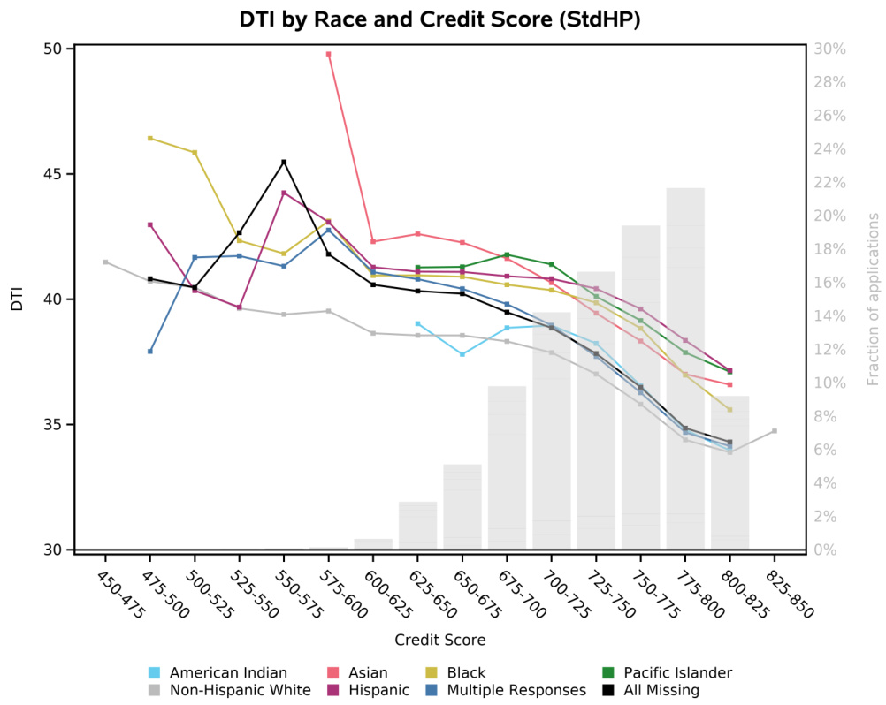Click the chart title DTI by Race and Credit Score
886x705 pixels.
439,19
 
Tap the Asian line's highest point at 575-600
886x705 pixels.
329,54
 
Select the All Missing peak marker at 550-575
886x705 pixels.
284,162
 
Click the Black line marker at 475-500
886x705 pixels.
150,138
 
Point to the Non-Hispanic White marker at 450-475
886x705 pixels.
105,262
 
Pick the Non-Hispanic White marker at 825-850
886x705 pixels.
775,431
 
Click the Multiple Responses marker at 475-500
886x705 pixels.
150,352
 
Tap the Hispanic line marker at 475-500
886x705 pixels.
150,224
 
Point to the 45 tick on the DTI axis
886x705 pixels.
63,174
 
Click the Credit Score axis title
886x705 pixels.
439,639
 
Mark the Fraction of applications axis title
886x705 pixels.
874,299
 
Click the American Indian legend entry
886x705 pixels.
227,672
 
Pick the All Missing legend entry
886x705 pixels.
653,690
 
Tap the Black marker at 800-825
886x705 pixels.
729,410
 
